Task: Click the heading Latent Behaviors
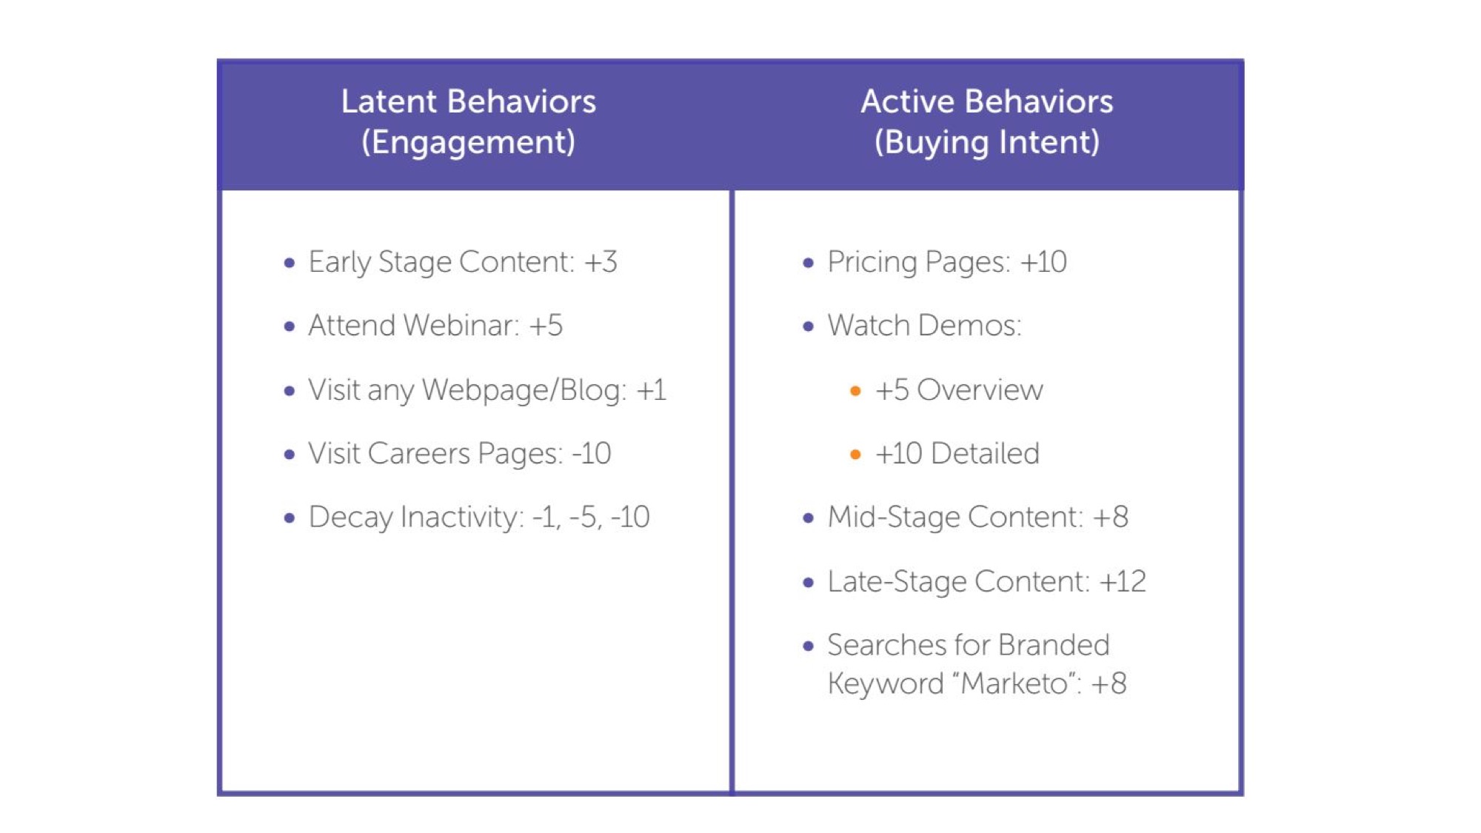(468, 101)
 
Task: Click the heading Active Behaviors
(986, 101)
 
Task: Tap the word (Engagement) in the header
(468, 142)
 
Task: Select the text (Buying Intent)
(986, 142)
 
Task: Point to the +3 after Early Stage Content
(601, 262)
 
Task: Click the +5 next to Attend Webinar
(546, 326)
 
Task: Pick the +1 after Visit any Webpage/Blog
(651, 390)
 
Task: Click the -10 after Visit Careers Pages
(592, 453)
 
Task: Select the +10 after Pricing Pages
(1043, 262)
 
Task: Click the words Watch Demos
(924, 326)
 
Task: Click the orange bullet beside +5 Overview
(855, 391)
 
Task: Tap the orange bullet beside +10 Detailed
(855, 454)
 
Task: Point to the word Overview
(980, 390)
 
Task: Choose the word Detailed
(985, 453)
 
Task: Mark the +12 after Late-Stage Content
(1123, 581)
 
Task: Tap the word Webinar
(461, 326)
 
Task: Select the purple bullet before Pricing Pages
(808, 263)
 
